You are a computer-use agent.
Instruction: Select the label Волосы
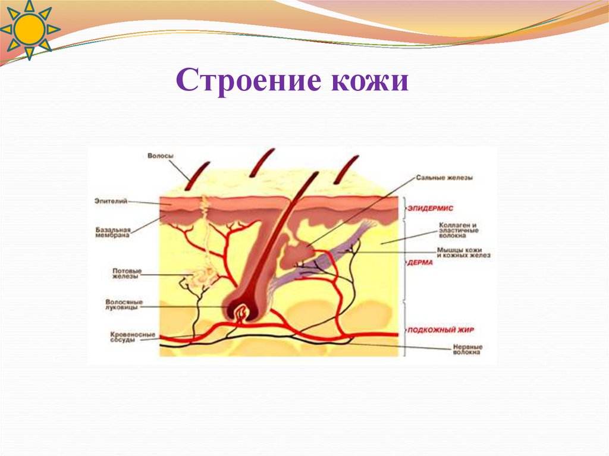pos(161,156)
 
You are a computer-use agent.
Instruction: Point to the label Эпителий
pos(111,201)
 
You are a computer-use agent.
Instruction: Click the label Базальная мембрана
pos(112,231)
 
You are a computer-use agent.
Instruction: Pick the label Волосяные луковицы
pos(124,304)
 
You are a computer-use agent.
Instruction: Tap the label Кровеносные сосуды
pos(132,338)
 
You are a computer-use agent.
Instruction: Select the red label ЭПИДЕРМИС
pos(431,208)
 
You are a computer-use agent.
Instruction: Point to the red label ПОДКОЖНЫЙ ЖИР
pos(440,329)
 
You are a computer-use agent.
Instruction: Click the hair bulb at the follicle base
pos(240,310)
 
